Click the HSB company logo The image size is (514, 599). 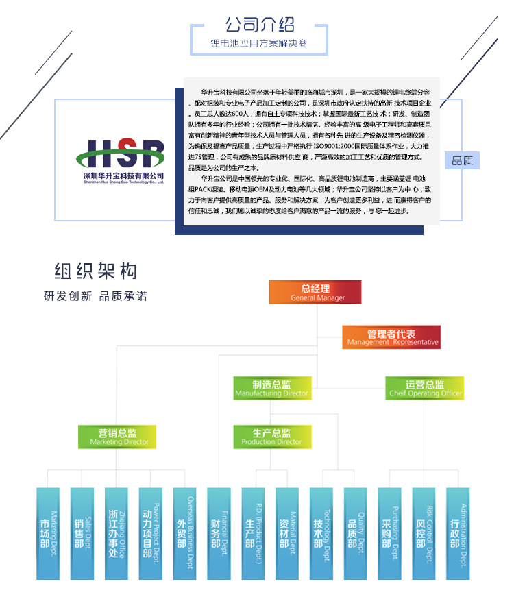pyautogui.click(x=120, y=160)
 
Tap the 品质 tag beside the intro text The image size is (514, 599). pyautogui.click(x=462, y=161)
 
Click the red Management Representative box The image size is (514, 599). pyautogui.click(x=392, y=337)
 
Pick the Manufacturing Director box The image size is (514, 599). pyautogui.click(x=271, y=389)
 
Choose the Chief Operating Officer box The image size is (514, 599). pyautogui.click(x=424, y=389)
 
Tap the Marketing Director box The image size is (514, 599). pyautogui.click(x=119, y=437)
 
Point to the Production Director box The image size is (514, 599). pyautogui.click(x=271, y=437)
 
